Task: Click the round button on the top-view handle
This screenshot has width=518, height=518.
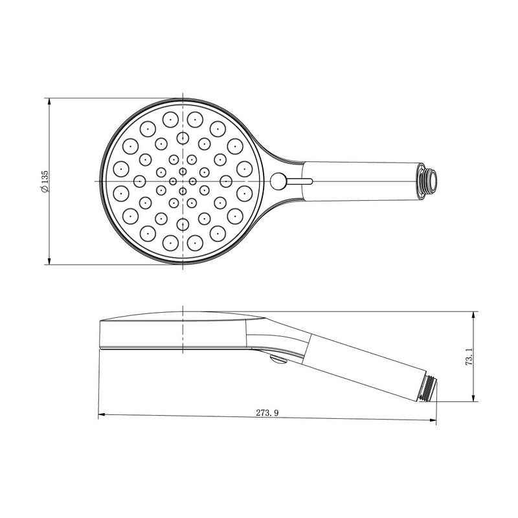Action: pos(280,181)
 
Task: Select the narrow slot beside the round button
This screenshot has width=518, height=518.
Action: pos(300,181)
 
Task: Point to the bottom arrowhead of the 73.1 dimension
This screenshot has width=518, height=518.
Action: pos(475,400)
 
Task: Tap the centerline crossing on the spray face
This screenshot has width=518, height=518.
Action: pos(183,181)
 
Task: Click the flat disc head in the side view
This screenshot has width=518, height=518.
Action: pos(175,333)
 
